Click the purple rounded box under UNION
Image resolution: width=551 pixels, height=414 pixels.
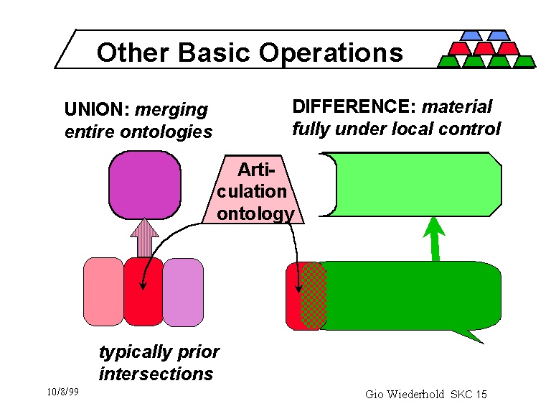pos(144,185)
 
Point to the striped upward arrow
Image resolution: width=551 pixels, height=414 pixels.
pos(146,237)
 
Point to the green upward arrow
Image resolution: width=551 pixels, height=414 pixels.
pos(433,237)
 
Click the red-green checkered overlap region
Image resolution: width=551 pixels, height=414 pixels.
pos(313,295)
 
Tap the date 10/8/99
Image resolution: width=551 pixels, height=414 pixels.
pos(62,392)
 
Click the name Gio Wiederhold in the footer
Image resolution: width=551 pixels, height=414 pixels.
pos(405,394)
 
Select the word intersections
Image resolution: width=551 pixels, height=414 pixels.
pos(156,374)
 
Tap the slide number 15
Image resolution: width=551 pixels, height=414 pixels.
pos(480,394)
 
